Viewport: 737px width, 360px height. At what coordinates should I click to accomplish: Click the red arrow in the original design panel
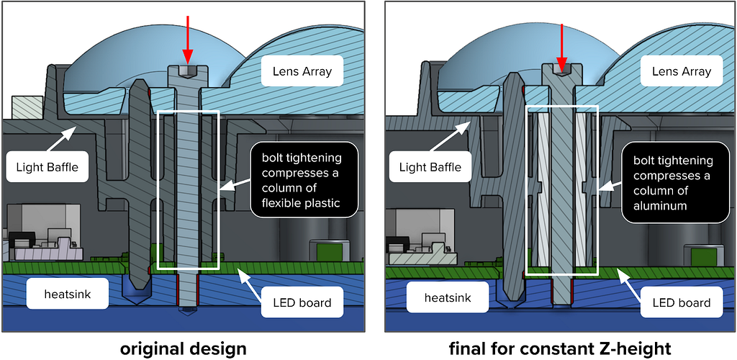tap(188, 40)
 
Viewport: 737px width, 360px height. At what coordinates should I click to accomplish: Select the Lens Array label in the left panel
tap(302, 72)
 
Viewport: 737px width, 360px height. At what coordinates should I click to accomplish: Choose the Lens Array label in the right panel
tap(681, 72)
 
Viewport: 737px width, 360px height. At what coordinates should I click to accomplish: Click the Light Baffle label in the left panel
tap(47, 166)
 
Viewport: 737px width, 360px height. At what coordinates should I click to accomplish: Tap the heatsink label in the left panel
tap(67, 294)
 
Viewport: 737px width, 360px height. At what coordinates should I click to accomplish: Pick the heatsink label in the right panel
tap(447, 297)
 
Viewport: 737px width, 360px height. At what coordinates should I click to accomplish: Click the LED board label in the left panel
tap(302, 302)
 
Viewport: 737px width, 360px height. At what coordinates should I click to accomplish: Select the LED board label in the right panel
tap(681, 302)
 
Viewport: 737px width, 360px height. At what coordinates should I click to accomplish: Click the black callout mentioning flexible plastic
tap(304, 179)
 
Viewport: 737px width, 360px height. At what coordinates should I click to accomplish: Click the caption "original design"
tap(183, 348)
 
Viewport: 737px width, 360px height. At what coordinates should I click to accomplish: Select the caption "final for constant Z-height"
tap(559, 348)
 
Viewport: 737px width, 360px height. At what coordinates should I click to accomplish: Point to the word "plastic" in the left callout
tap(326, 202)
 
